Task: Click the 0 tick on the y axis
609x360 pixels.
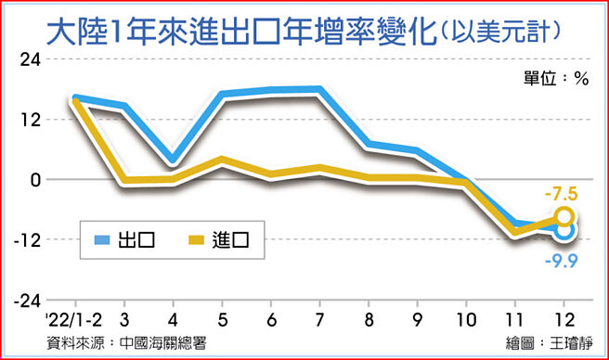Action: [x=34, y=180]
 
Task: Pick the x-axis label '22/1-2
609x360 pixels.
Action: [x=72, y=317]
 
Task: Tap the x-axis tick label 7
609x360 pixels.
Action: [x=318, y=317]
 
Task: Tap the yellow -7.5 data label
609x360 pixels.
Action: [x=564, y=195]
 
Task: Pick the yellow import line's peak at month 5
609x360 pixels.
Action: [x=220, y=161]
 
